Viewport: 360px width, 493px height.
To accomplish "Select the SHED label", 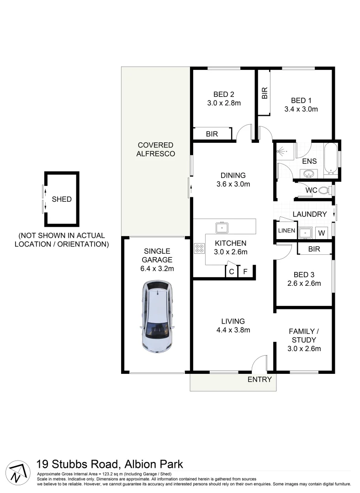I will point(62,199).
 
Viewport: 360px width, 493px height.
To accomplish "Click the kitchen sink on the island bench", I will point(222,226).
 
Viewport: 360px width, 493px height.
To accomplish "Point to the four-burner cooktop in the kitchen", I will point(200,248).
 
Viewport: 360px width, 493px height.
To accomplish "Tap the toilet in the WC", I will point(324,190).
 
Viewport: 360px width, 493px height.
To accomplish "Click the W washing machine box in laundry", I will point(322,233).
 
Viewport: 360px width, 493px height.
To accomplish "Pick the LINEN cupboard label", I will point(286,231).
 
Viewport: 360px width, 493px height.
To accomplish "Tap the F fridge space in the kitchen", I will point(245,272).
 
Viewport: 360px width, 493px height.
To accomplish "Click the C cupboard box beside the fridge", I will point(232,272).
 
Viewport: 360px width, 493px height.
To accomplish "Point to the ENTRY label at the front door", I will point(259,379).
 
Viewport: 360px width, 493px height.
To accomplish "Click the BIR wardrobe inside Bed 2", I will point(212,134).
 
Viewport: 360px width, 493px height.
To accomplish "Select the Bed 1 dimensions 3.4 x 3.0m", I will point(301,109).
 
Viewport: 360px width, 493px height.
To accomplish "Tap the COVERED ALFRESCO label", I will point(155,149).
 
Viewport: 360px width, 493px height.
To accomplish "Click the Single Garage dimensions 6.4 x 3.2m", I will point(157,268).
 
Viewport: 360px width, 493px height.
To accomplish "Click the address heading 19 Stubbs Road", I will point(110,464).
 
